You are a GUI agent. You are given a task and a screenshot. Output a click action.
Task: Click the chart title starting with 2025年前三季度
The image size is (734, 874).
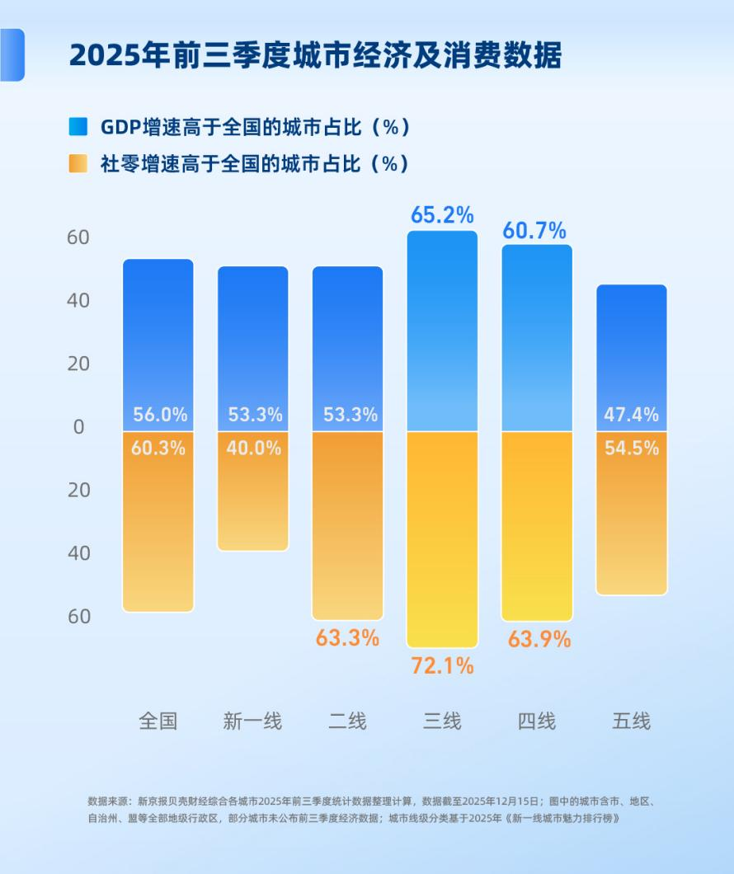pos(315,55)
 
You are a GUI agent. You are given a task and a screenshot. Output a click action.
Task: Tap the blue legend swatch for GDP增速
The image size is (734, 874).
pos(78,127)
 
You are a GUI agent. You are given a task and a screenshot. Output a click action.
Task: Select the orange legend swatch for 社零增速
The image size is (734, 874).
pos(78,163)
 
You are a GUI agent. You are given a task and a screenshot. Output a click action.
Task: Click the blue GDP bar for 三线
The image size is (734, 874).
pos(442,330)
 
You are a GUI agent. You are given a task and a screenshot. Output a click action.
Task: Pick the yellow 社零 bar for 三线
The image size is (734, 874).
pos(442,536)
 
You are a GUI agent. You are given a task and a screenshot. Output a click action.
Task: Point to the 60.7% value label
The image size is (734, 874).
pos(536,230)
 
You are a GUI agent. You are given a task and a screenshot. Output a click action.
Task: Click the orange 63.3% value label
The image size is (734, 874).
pos(347,637)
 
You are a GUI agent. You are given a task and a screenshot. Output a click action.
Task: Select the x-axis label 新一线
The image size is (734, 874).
pos(252,721)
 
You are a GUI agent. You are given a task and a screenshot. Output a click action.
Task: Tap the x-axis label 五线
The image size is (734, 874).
pos(631,721)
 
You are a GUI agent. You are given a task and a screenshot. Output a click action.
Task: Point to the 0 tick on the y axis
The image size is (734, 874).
pos(79,427)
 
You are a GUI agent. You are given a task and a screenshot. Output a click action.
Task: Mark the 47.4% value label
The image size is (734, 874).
pos(631,415)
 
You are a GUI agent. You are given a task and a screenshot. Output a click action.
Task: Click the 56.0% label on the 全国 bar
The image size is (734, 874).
pos(158,415)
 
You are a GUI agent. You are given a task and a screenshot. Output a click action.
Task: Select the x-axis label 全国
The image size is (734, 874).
pos(158,721)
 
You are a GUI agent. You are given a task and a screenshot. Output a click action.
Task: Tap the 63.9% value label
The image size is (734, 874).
pos(539,639)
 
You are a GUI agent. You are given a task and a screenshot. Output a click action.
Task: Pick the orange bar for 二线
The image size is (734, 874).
pos(347,528)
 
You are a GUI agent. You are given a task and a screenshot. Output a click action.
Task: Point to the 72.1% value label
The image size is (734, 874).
pos(442,666)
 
